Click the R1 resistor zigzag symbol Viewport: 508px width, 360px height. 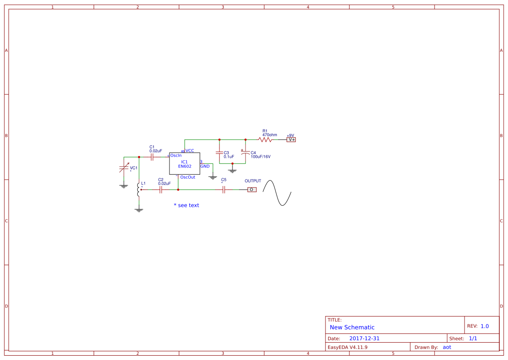click(x=265, y=140)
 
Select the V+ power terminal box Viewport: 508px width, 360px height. click(x=291, y=140)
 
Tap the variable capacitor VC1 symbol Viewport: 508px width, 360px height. click(x=124, y=168)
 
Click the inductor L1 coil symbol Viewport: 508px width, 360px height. click(x=139, y=190)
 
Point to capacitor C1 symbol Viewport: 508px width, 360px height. click(x=152, y=157)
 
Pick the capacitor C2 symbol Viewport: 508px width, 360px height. click(x=160, y=190)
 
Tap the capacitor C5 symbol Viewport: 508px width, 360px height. click(x=223, y=190)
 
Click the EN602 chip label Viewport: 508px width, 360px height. click(x=185, y=166)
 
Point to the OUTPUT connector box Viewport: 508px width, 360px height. click(x=252, y=190)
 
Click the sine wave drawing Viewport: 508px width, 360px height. click(x=277, y=193)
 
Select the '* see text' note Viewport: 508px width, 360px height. click(x=186, y=205)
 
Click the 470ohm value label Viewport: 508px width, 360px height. click(x=269, y=135)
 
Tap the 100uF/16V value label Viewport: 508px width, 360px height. click(x=260, y=157)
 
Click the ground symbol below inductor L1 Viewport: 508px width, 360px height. click(x=139, y=210)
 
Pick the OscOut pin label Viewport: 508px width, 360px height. click(x=188, y=177)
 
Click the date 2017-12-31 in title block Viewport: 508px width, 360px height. click(x=364, y=338)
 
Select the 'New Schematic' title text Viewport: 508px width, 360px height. click(x=352, y=327)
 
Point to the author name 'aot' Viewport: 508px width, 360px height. click(x=447, y=347)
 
